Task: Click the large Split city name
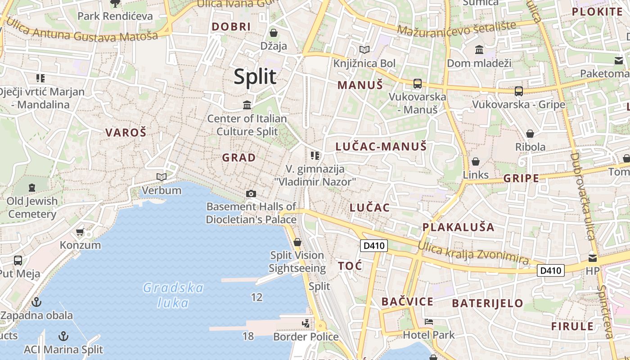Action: [x=255, y=77]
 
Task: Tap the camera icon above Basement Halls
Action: [x=251, y=193]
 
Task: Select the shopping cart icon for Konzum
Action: [x=80, y=232]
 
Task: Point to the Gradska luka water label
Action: [x=173, y=295]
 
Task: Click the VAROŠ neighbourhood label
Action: [x=126, y=132]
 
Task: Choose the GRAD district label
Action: [x=238, y=157]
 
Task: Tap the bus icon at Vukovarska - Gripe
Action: [x=518, y=91]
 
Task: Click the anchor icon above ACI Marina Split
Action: [x=63, y=336]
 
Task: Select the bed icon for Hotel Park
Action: [x=428, y=322]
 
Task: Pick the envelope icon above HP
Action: [x=592, y=258]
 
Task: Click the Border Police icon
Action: [x=306, y=323]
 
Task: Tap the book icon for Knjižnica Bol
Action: [x=364, y=50]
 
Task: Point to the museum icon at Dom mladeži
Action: [x=479, y=49]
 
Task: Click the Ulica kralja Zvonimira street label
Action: [x=473, y=253]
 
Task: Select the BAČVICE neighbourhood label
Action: [x=407, y=301]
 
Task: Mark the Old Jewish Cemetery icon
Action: [x=31, y=187]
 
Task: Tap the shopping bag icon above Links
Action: [x=475, y=162]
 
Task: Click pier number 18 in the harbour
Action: [x=248, y=336]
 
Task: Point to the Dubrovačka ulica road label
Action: [x=582, y=196]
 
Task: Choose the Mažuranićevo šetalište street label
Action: [x=457, y=29]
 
